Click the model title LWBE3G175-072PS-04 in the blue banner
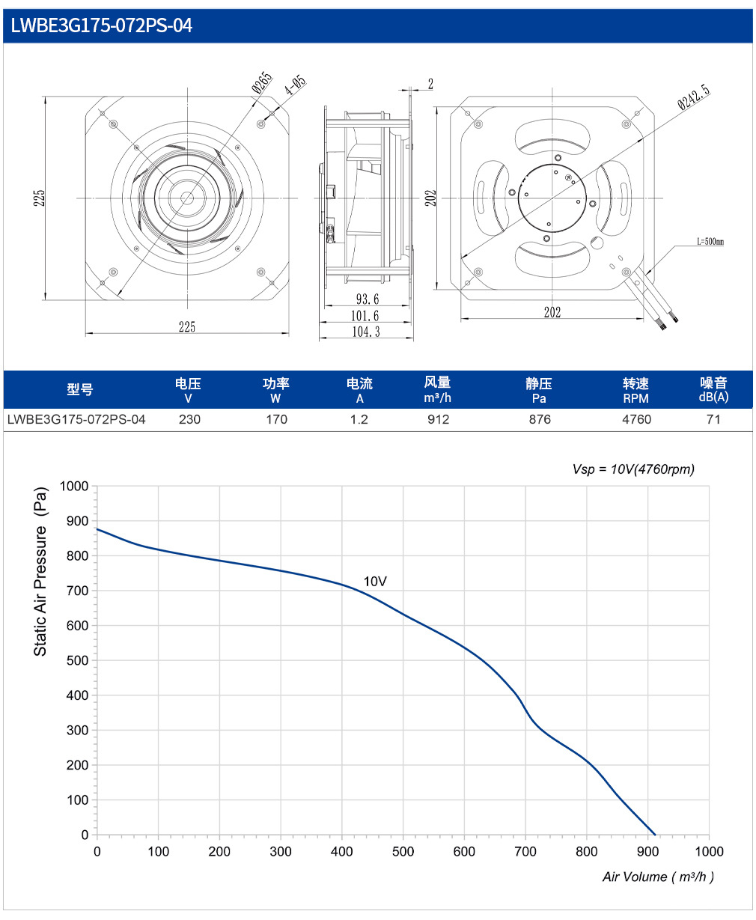coord(101,25)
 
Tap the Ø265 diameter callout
coord(262,83)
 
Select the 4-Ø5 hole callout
coord(295,85)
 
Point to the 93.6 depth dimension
coord(368,299)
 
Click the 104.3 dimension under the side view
coord(366,332)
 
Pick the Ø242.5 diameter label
coord(694,97)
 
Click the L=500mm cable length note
coord(710,241)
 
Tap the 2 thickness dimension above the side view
coord(430,84)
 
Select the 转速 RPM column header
coord(635,391)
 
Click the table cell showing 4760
coord(636,419)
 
